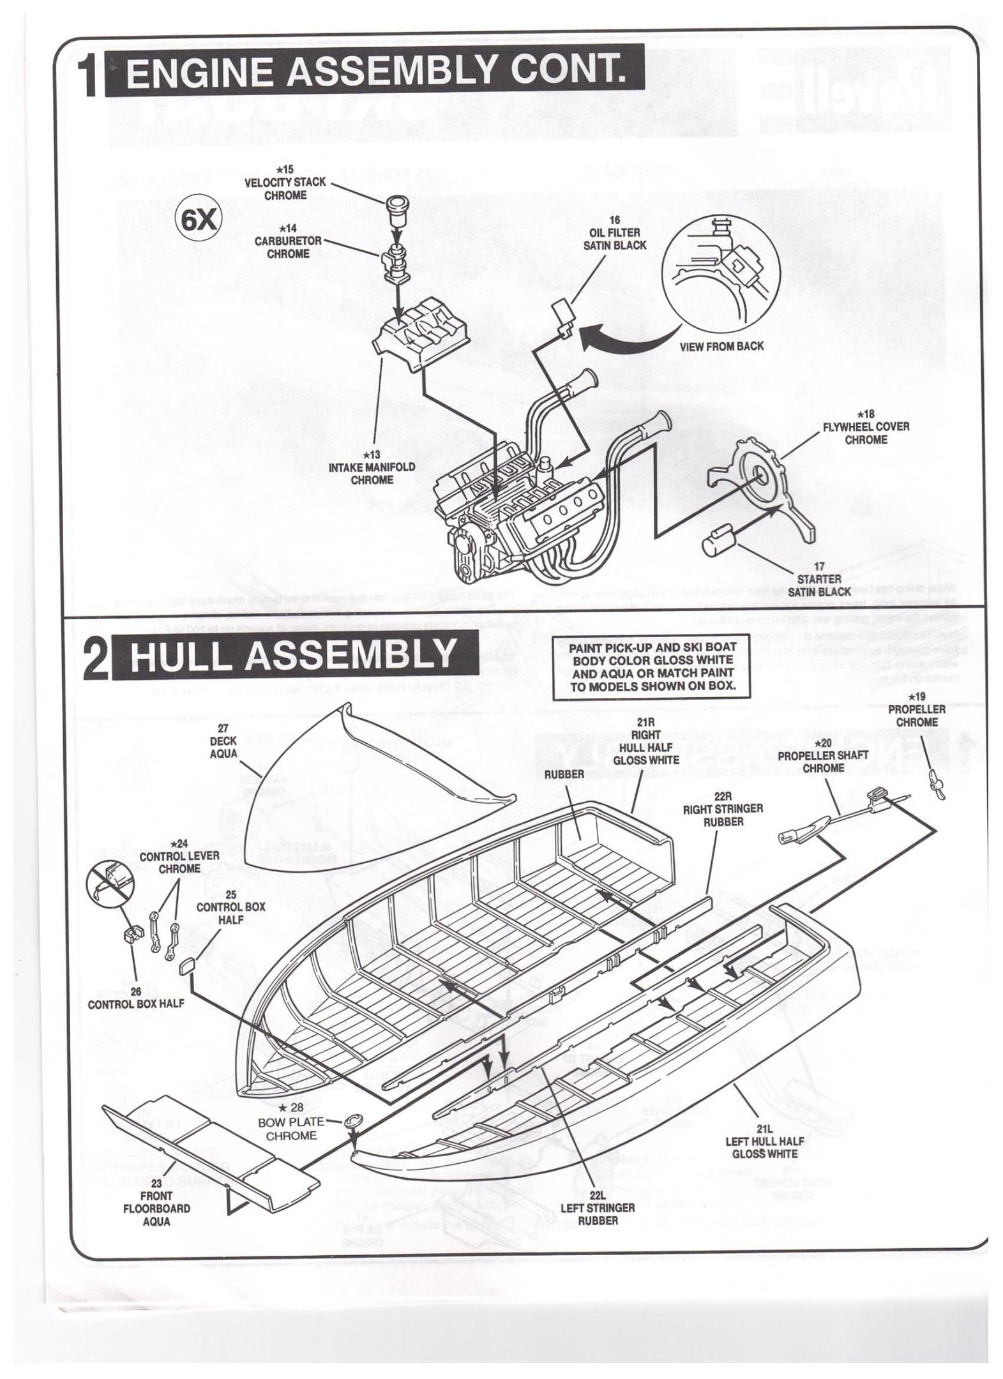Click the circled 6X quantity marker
(198, 222)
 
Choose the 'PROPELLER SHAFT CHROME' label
(822, 755)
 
